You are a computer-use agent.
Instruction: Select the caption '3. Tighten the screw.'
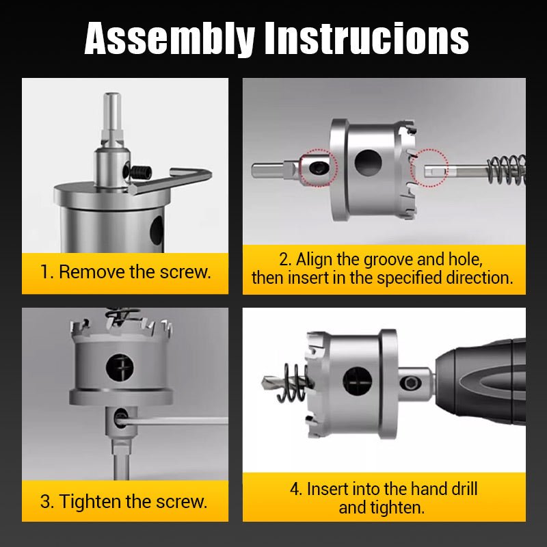click(123, 501)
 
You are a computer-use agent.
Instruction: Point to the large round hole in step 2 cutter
click(368, 162)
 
